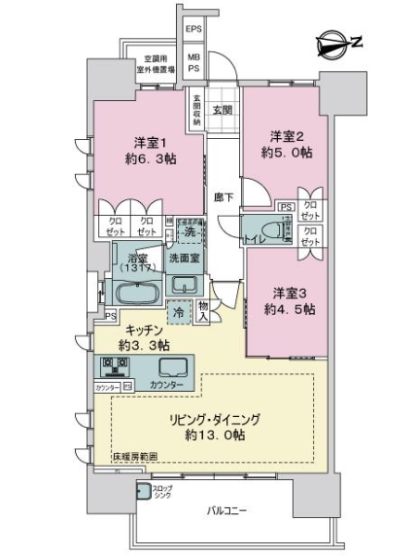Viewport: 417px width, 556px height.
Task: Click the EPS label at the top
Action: click(194, 30)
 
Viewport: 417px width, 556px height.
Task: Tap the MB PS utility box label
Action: click(195, 63)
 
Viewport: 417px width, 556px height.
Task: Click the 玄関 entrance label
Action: click(221, 109)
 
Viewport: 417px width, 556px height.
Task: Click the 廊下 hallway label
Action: click(222, 196)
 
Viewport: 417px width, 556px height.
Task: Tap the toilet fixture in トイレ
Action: click(271, 226)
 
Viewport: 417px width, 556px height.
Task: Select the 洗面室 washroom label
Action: click(186, 257)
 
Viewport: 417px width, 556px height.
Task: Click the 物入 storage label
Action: click(204, 313)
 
